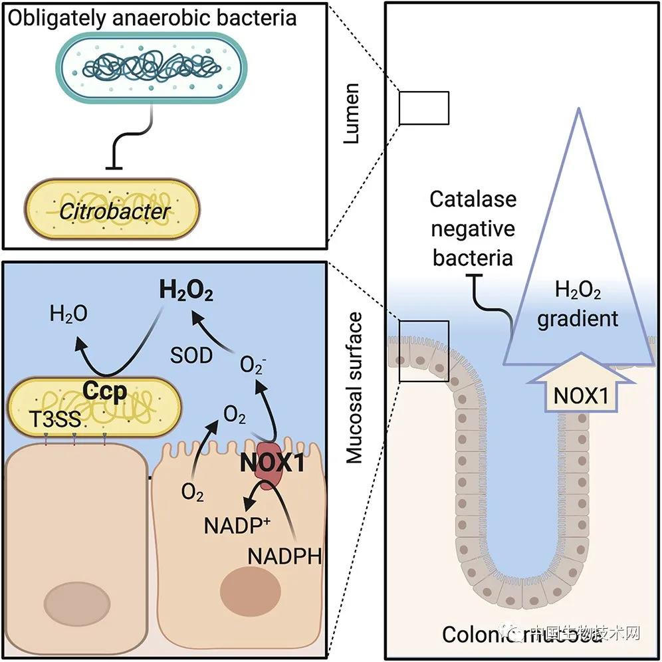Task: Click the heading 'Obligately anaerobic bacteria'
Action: click(x=151, y=17)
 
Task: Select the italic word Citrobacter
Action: click(x=112, y=212)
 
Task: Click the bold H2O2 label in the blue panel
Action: click(x=186, y=292)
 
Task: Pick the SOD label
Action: click(x=191, y=356)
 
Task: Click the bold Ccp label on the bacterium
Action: click(x=105, y=391)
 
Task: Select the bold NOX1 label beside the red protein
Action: click(x=272, y=462)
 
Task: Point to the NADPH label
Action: click(x=284, y=556)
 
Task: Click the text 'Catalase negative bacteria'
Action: click(x=473, y=227)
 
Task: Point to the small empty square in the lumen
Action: click(x=424, y=108)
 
